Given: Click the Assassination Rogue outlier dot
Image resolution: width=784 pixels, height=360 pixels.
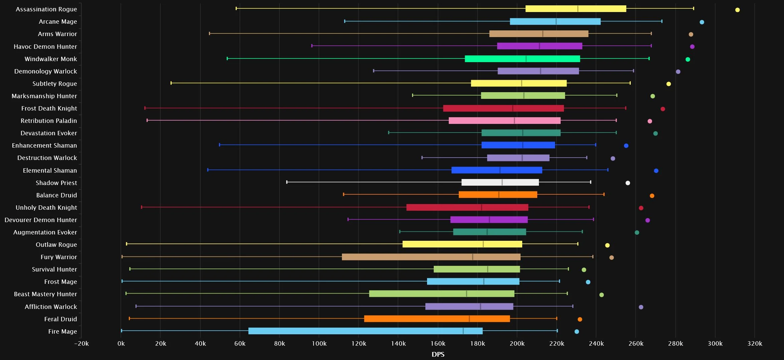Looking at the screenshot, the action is tap(737, 10).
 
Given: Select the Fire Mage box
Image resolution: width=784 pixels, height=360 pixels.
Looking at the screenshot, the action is tap(365, 331).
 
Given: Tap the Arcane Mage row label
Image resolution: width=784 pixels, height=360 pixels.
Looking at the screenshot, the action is tap(58, 22).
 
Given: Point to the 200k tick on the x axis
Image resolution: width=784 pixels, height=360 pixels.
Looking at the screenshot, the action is tap(517, 343).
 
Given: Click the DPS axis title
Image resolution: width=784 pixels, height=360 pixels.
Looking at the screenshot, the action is tap(438, 354).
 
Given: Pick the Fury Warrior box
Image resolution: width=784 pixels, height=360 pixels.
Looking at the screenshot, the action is tap(431, 257).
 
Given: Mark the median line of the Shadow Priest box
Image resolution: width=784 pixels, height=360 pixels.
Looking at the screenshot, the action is tap(502, 182).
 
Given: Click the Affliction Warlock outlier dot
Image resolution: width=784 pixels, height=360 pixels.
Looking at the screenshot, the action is tap(641, 307).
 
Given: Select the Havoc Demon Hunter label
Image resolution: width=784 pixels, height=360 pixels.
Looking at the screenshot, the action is tap(45, 47).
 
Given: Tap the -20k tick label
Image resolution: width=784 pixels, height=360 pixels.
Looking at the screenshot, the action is tap(81, 343).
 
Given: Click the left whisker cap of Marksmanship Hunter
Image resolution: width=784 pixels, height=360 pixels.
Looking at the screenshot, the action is tap(412, 95).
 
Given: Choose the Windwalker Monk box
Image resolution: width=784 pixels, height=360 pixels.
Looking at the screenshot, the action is tap(522, 59).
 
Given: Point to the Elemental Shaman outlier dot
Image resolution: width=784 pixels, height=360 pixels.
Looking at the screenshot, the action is tap(656, 171).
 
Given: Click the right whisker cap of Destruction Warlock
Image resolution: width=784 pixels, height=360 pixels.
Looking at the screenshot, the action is tap(586, 157).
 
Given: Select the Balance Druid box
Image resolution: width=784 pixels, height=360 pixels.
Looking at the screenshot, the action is tap(498, 195).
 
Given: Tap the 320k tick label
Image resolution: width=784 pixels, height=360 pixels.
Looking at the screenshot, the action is tap(755, 343).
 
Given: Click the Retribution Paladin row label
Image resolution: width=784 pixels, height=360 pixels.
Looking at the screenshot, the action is tap(49, 121).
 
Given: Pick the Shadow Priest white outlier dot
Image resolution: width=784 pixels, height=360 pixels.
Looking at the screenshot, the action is tap(627, 183).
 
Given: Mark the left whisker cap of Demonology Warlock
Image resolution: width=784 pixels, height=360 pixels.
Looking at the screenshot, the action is tap(373, 70).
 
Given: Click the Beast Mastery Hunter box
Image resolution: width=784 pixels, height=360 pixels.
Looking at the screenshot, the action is tap(441, 294).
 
